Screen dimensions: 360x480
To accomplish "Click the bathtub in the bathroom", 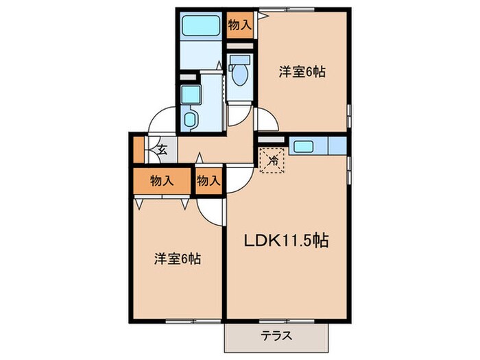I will tap(201, 27).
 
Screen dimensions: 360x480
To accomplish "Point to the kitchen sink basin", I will tap(302, 146).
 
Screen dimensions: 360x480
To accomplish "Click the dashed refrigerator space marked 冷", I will tap(272, 162).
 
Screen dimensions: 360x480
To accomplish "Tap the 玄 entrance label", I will tap(162, 149).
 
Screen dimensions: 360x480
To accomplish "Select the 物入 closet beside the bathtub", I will tap(239, 26).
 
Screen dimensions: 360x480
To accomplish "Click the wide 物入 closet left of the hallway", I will tap(162, 181).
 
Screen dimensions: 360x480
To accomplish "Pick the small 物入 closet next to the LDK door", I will tap(208, 181).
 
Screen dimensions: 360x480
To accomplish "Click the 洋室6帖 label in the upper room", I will tap(301, 71).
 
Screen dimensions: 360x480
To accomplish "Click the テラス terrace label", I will tap(276, 336).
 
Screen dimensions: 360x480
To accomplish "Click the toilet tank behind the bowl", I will tap(239, 60).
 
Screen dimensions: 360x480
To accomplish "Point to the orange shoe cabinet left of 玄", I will tap(139, 149).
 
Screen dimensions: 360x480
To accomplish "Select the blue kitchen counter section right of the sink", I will tap(337, 146).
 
